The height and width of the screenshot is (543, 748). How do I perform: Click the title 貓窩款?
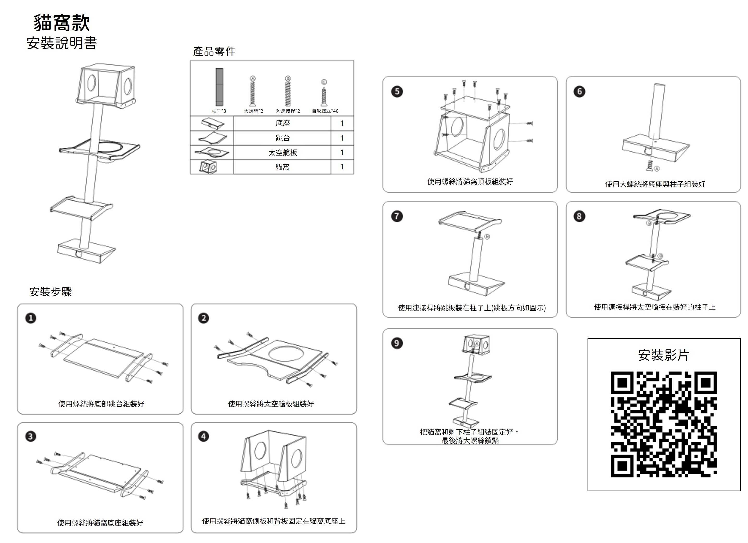point(62,23)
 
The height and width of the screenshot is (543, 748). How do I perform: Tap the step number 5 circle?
point(397,91)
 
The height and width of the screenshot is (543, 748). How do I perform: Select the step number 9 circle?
point(397,343)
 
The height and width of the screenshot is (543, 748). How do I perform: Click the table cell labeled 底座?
point(282,123)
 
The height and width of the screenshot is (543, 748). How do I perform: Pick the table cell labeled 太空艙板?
point(282,152)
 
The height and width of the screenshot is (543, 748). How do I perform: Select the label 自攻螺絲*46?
point(325,111)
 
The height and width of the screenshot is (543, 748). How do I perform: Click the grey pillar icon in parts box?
point(219,87)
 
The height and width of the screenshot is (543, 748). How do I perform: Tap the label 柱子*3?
point(219,111)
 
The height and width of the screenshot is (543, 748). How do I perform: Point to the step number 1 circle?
point(31,318)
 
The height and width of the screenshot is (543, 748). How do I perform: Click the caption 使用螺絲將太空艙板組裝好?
point(271,404)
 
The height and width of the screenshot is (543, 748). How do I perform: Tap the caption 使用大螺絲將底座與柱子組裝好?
point(655,184)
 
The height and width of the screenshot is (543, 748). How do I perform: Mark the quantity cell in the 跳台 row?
point(342,138)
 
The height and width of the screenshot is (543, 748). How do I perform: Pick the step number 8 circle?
point(579,216)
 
